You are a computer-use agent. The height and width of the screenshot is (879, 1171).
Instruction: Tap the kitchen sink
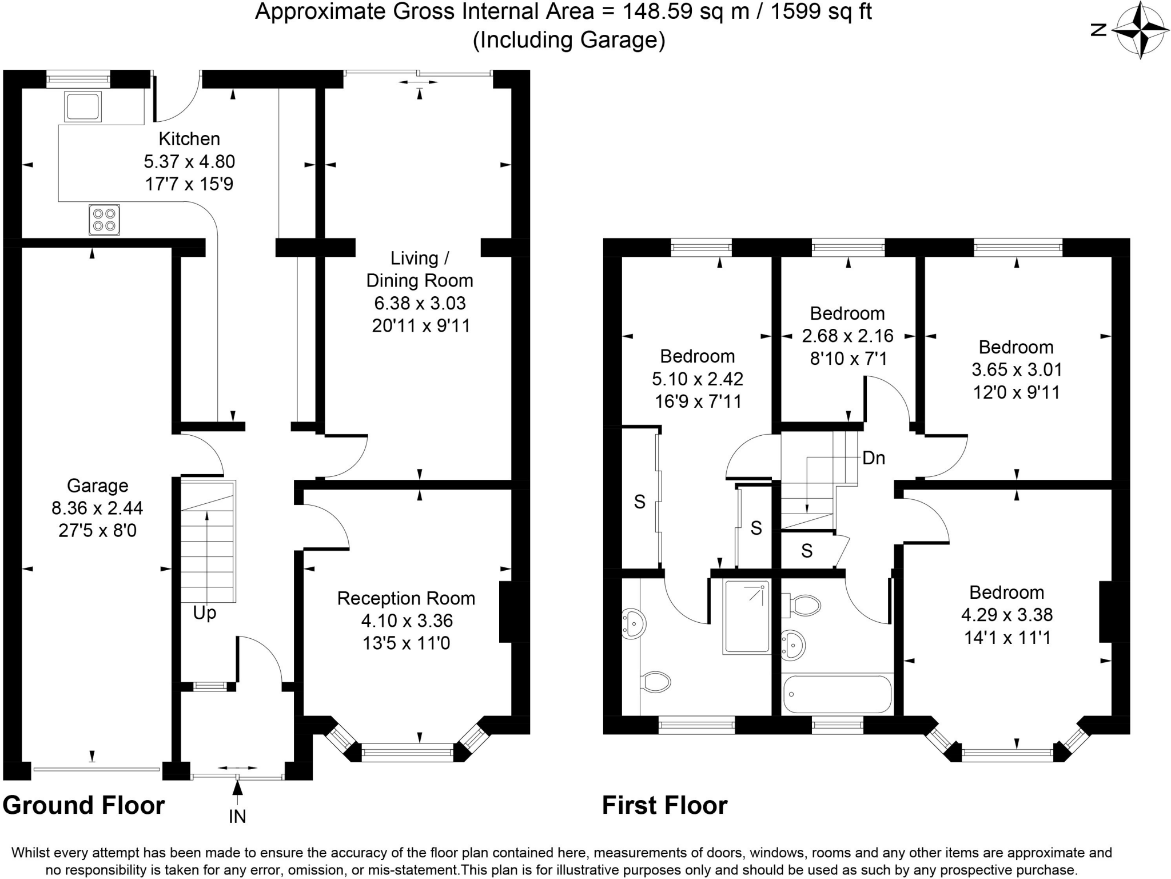coord(83,106)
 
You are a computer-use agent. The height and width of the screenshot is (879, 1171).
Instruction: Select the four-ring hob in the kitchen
coord(104,220)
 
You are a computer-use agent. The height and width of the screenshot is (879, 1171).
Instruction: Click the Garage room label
coord(98,486)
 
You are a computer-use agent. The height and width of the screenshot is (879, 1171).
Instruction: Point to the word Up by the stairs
coord(204,614)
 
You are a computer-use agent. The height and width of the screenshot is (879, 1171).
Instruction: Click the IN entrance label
coord(237,817)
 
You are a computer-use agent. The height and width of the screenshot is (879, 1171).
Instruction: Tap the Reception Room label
coord(406,598)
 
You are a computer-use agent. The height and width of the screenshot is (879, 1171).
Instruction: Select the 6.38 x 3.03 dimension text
coord(420,303)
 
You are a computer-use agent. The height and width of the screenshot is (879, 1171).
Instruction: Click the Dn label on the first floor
coord(874,458)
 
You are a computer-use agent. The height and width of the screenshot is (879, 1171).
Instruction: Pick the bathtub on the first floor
coord(837,694)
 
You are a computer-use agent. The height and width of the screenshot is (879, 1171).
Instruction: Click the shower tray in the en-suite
coord(747,617)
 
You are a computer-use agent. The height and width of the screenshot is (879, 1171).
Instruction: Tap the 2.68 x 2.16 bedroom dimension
coord(847,336)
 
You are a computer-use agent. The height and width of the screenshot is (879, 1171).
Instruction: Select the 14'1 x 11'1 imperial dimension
coord(1007,638)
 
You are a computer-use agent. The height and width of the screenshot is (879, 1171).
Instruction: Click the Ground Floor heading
coord(84,805)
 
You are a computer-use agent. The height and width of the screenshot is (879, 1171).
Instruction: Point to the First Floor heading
coord(665,805)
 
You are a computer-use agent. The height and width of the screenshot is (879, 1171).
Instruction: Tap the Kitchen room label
coord(189,139)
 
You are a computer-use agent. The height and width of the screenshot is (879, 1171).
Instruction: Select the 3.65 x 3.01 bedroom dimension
coord(1017,369)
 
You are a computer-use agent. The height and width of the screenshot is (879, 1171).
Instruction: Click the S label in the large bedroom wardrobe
coord(640,502)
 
